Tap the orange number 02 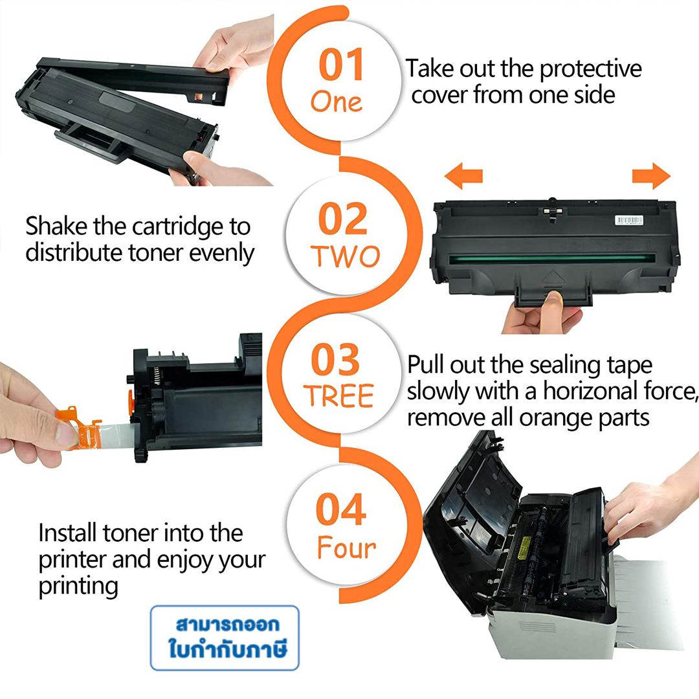[343, 218]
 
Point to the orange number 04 [341, 509]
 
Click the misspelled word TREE [338, 396]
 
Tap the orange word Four [346, 548]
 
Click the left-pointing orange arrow [463, 176]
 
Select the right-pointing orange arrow [651, 176]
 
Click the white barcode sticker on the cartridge [629, 220]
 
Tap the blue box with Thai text [225, 638]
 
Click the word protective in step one [591, 69]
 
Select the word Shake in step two [56, 226]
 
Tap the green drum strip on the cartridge [552, 258]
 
